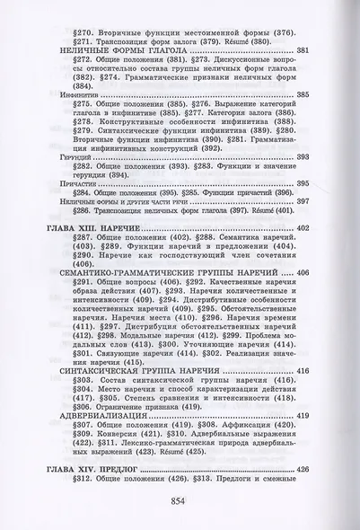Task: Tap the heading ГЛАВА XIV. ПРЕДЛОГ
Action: click(x=100, y=467)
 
